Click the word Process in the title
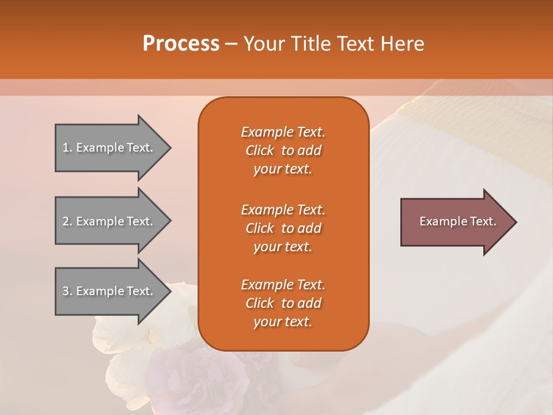pos(181,44)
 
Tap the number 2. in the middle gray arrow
pos(67,221)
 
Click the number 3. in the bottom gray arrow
pos(67,291)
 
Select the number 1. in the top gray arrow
pos(67,148)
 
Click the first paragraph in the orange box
pos(283,150)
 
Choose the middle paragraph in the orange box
pos(283,228)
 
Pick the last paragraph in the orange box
pos(283,303)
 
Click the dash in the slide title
pos(231,44)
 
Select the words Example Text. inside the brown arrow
pos(458,221)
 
